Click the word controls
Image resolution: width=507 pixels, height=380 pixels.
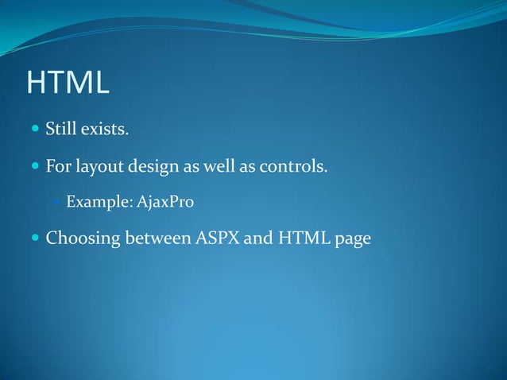click(295, 167)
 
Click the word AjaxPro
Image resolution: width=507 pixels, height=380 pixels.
click(165, 203)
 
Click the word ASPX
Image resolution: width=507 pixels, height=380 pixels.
click(218, 238)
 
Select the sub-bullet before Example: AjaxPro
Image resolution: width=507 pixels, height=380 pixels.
click(56, 203)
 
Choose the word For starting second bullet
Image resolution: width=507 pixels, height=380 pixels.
click(56, 167)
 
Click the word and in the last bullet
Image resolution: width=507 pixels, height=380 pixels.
click(257, 238)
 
